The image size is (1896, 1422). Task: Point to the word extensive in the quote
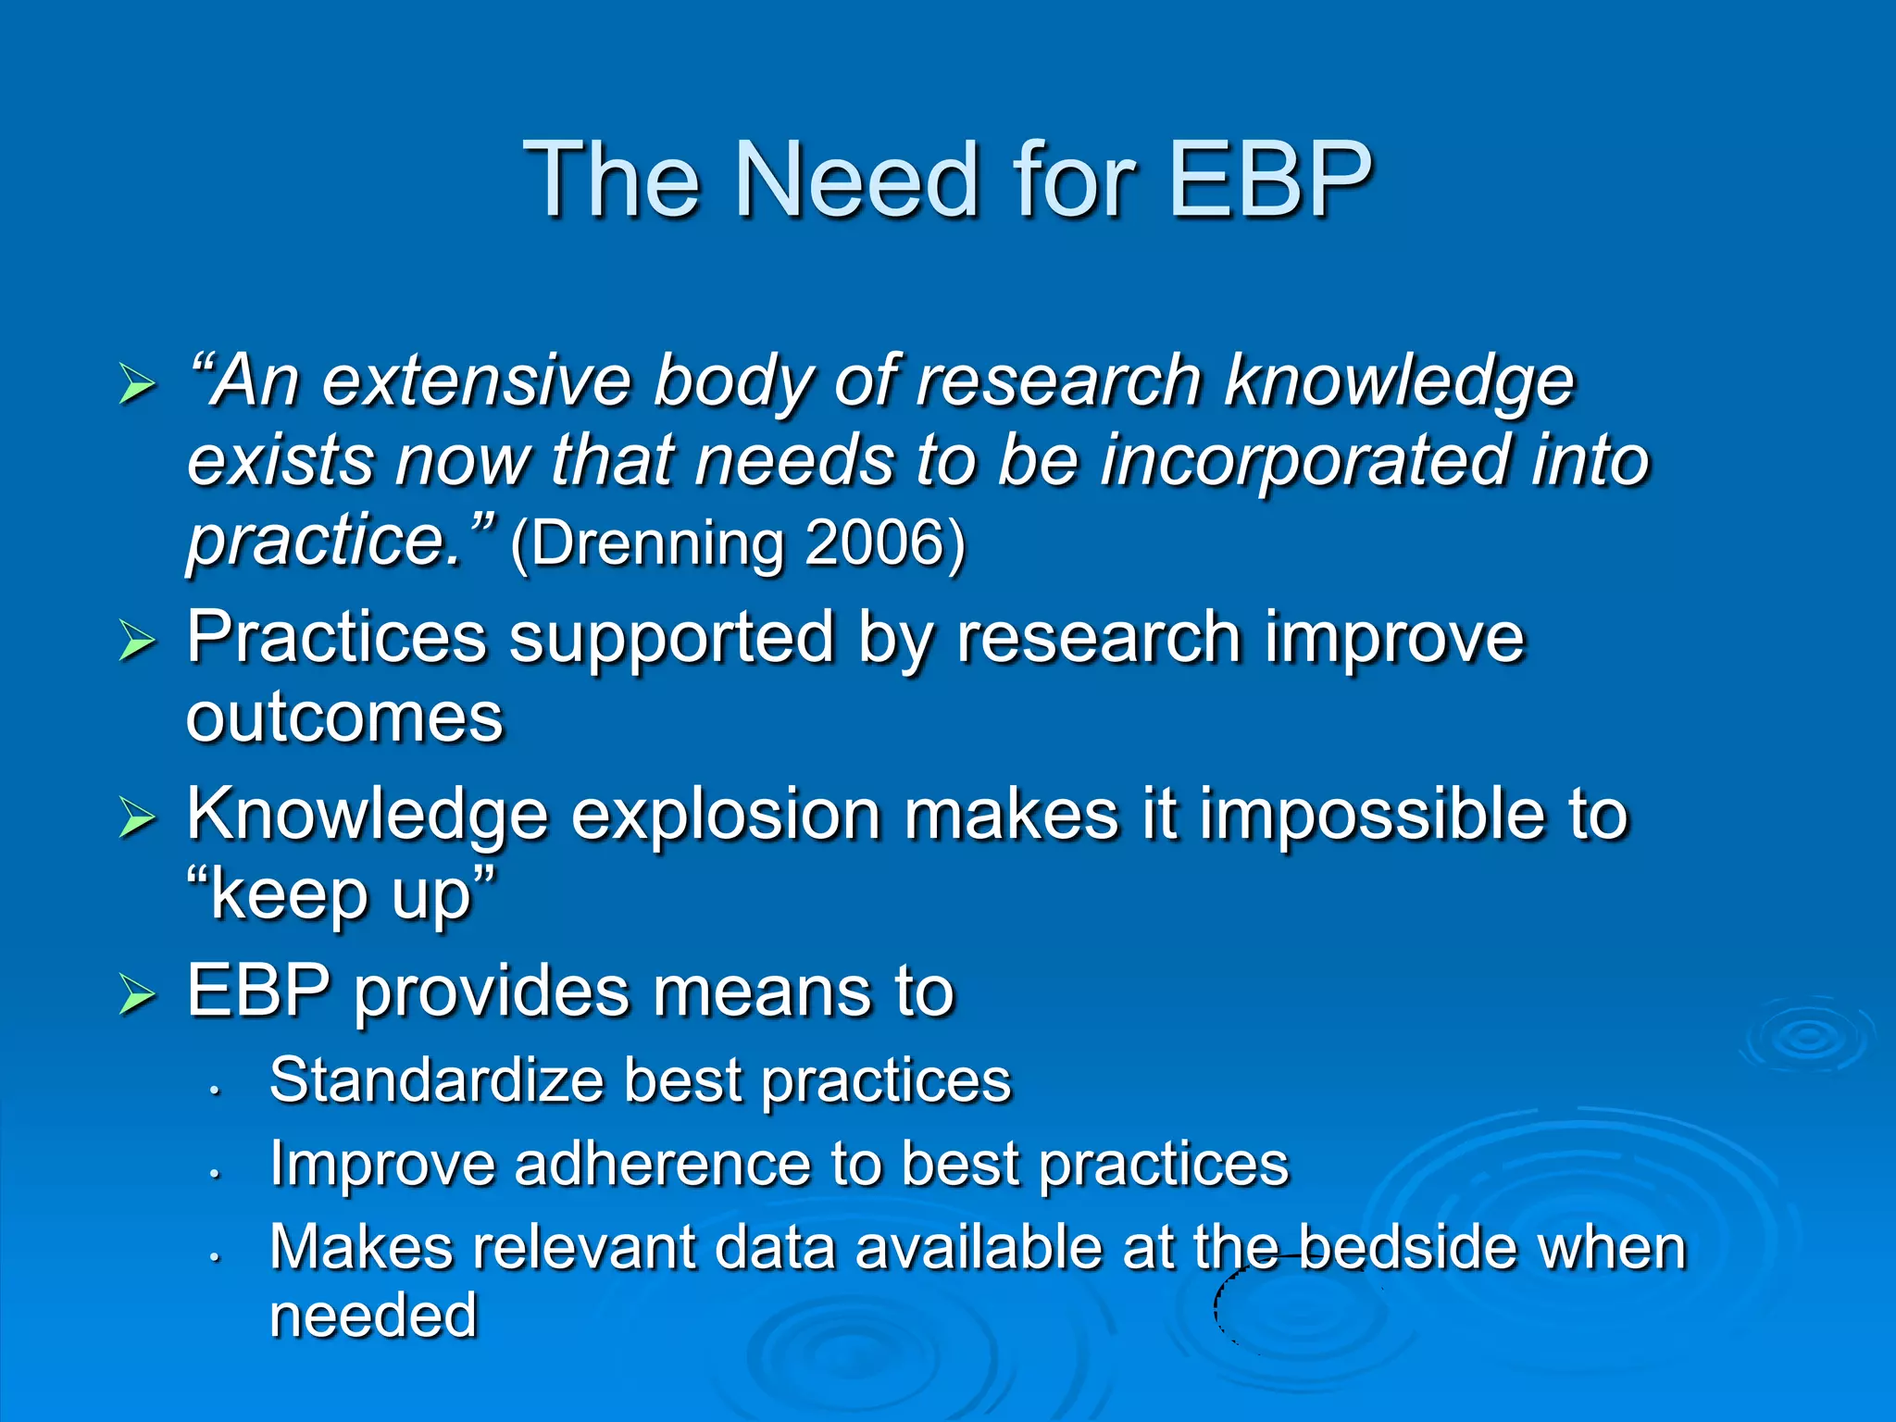[476, 381]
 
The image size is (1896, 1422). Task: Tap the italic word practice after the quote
[324, 541]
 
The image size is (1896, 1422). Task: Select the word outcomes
[344, 718]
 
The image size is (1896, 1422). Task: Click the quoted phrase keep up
[341, 894]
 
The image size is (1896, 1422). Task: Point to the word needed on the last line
[373, 1316]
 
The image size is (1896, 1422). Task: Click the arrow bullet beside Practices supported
[137, 642]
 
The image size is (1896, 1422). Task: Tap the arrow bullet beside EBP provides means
[137, 996]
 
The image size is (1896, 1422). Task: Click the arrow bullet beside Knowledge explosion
[137, 818]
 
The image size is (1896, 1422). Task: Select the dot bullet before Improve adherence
[214, 1174]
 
